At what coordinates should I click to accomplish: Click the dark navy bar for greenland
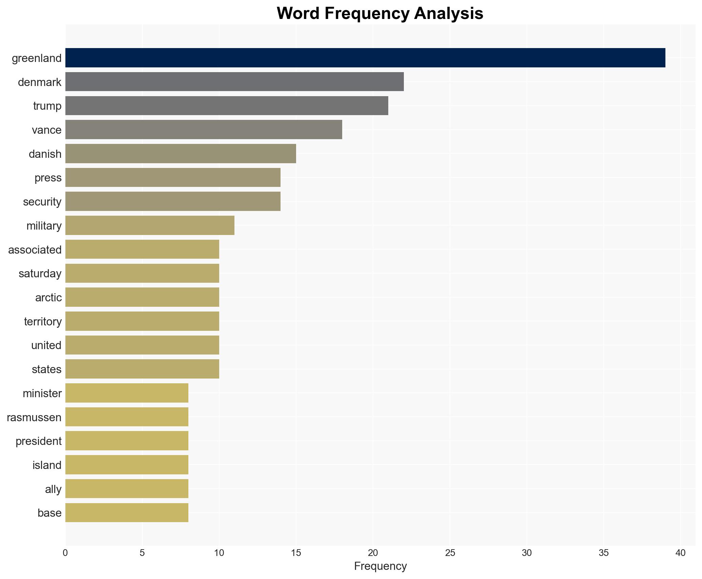(365, 58)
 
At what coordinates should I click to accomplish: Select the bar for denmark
(234, 82)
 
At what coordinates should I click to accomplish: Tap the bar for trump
(227, 106)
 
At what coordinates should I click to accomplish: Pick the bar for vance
(204, 130)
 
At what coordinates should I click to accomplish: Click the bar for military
(150, 226)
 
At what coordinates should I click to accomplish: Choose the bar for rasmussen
(127, 417)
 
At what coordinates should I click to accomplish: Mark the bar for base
(127, 513)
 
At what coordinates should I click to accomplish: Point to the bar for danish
(181, 154)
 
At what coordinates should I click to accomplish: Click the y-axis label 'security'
(42, 202)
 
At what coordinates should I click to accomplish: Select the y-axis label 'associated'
(35, 250)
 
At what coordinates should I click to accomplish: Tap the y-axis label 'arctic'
(48, 298)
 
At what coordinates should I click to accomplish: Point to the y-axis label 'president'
(39, 441)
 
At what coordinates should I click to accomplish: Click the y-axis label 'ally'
(53, 489)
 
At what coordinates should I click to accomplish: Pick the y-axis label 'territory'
(43, 321)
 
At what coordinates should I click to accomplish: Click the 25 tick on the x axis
(450, 553)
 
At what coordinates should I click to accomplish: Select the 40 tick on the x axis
(680, 553)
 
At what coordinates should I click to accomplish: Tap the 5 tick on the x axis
(142, 553)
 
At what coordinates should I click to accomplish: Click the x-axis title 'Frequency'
(380, 566)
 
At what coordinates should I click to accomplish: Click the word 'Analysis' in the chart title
(449, 14)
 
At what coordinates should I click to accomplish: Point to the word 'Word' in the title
(298, 14)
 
